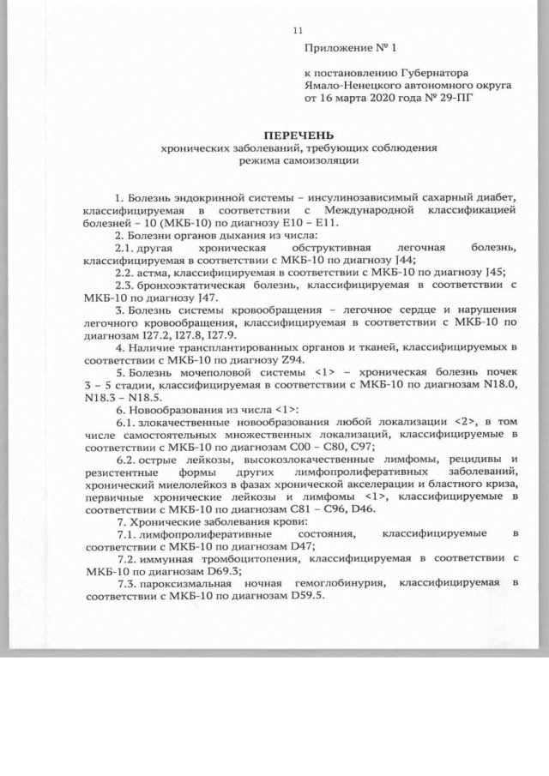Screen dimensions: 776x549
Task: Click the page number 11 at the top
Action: pos(299,31)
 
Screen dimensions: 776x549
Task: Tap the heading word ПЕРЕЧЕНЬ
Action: pos(299,135)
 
